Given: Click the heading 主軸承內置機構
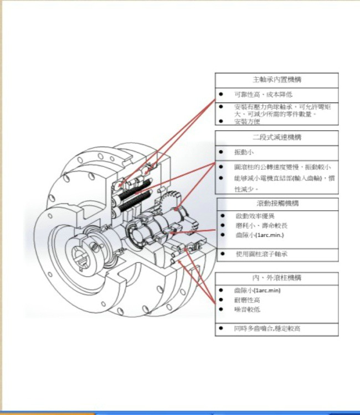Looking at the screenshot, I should click(x=276, y=80).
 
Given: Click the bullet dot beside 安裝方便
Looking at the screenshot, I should click(x=221, y=122).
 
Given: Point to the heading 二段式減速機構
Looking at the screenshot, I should click(x=276, y=137).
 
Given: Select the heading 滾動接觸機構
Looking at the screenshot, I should click(x=276, y=203).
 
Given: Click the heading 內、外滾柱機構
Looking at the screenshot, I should click(x=276, y=277).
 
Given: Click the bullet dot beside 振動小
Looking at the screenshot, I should click(x=221, y=152).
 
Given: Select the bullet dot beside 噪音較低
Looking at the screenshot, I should click(x=221, y=309).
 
